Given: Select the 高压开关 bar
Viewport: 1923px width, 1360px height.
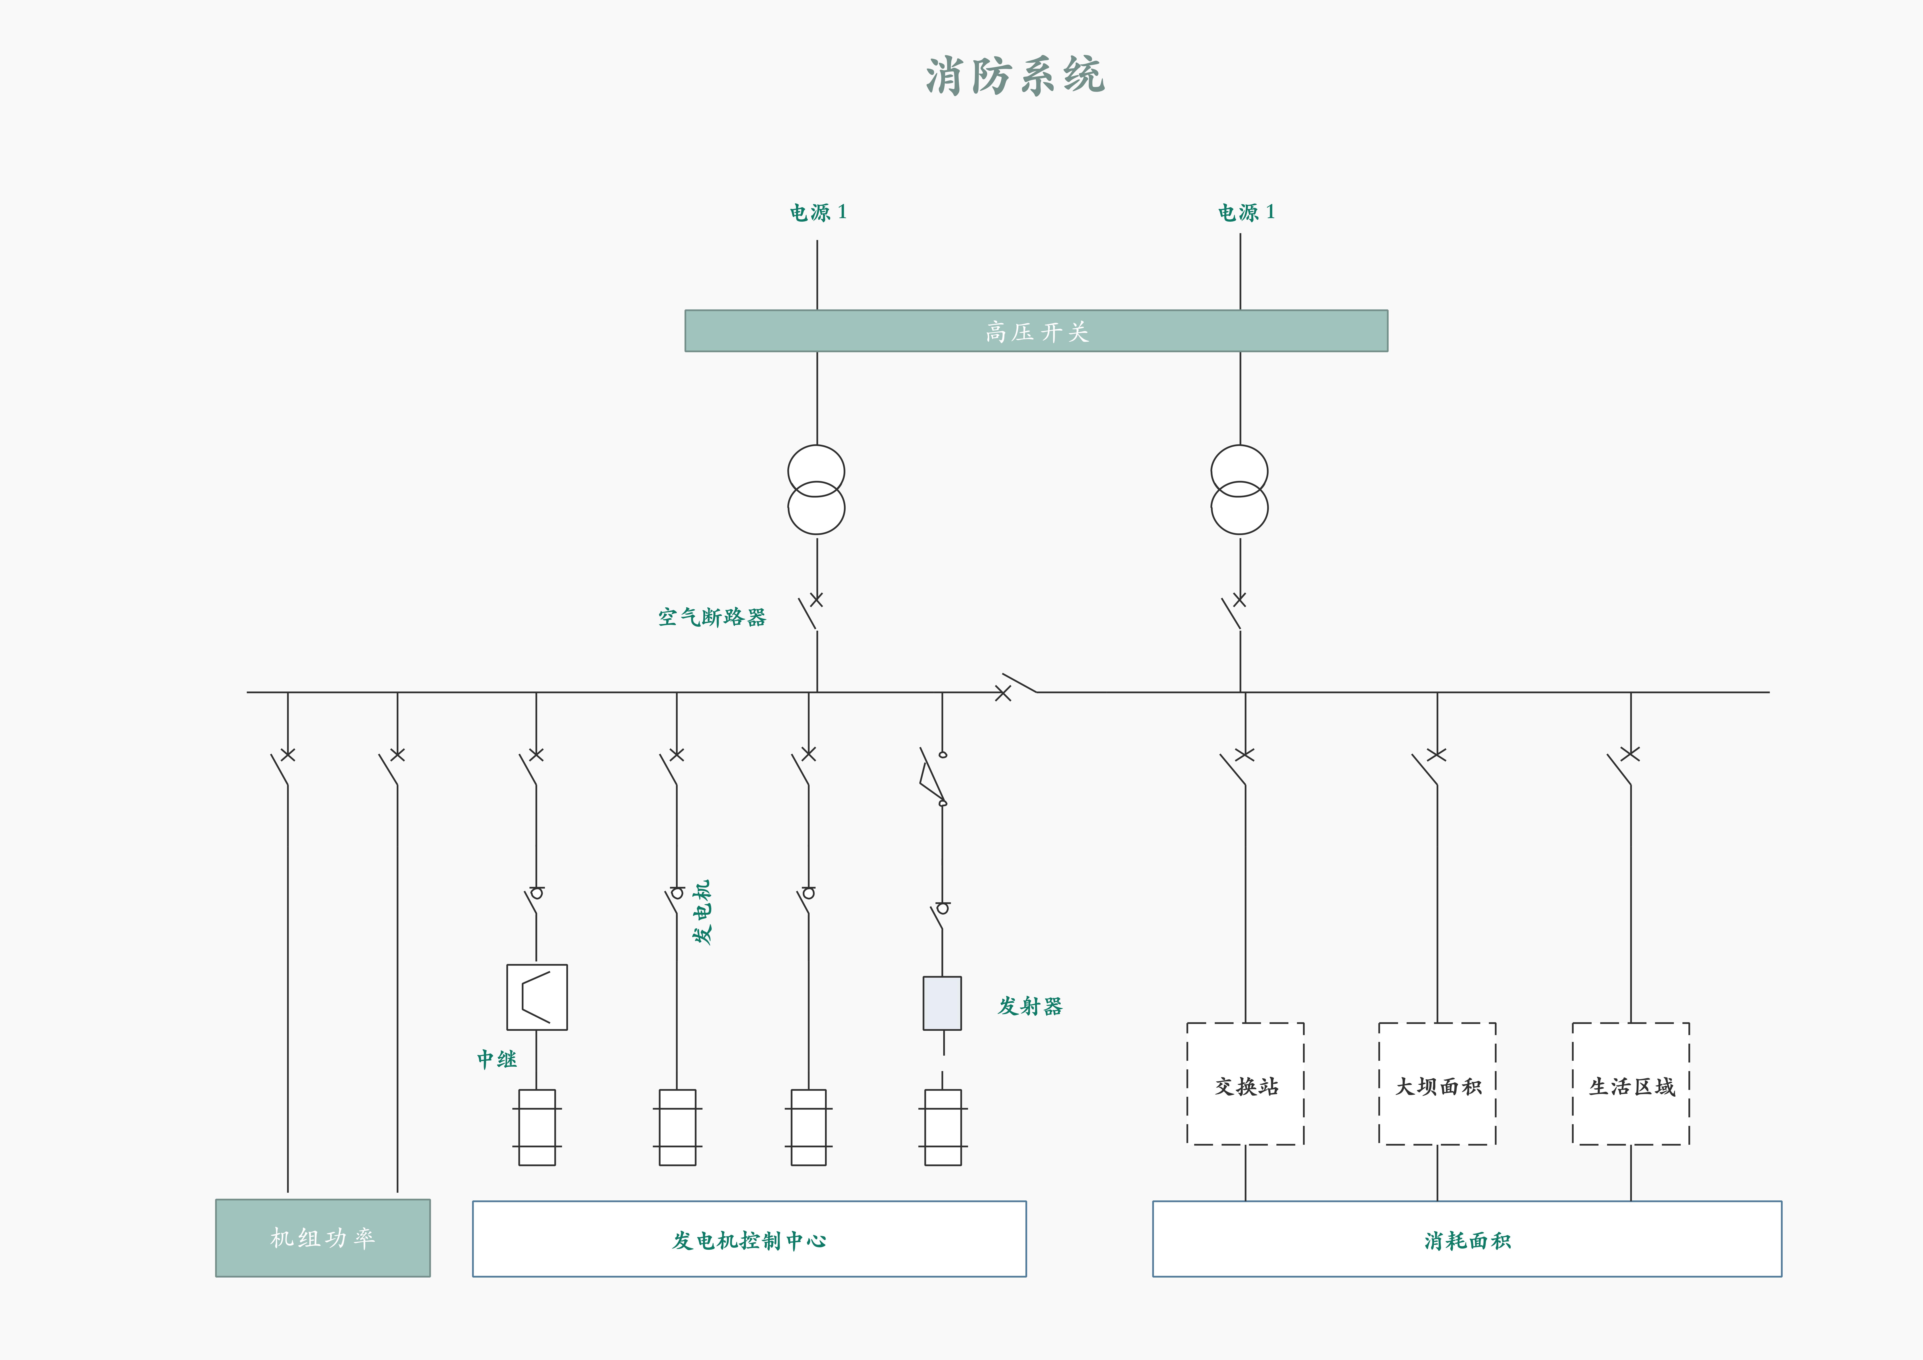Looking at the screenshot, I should pyautogui.click(x=1036, y=331).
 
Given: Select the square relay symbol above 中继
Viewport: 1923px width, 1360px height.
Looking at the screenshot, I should pyautogui.click(x=537, y=997).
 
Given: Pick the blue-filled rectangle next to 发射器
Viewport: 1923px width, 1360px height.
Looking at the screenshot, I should pyautogui.click(x=942, y=1003).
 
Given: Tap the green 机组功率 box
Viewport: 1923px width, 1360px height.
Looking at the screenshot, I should pyautogui.click(x=323, y=1238).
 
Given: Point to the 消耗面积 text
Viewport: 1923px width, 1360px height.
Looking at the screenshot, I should pyautogui.click(x=1467, y=1240).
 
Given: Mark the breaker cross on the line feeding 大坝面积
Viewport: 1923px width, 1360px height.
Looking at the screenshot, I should pyautogui.click(x=1436, y=754).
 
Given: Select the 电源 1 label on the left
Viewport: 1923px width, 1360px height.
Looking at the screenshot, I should pyautogui.click(x=817, y=212).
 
